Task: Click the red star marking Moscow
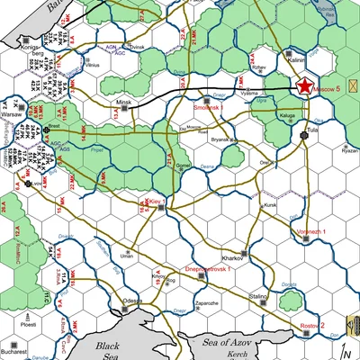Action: click(304, 86)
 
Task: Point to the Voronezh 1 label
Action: click(310, 232)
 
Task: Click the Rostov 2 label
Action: click(310, 325)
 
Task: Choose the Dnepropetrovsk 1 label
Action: click(209, 268)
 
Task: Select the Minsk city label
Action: click(124, 103)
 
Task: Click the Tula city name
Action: click(312, 130)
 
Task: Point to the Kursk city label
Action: click(269, 205)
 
